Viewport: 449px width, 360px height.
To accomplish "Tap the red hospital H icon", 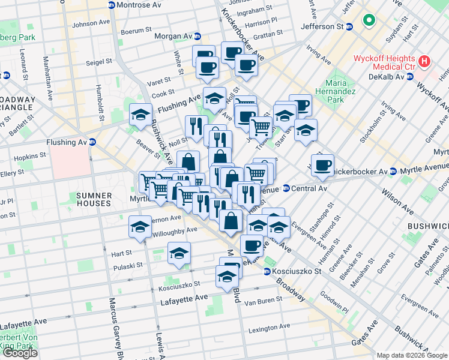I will pyautogui.click(x=425, y=61).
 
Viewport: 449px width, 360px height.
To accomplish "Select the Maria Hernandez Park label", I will pyautogui.click(x=335, y=91).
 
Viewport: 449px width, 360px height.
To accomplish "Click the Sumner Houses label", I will pyautogui.click(x=94, y=200).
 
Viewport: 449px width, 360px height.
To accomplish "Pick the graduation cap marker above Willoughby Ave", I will pyautogui.click(x=140, y=227).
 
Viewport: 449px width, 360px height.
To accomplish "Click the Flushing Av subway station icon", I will pyautogui.click(x=92, y=142).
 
